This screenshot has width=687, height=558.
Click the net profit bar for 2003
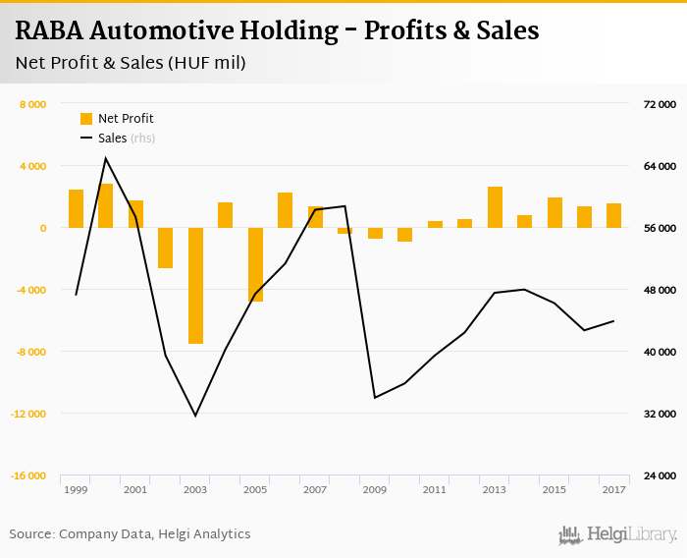click(x=195, y=285)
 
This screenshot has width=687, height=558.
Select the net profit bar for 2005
click(x=255, y=264)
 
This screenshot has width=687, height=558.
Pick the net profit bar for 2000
click(x=105, y=205)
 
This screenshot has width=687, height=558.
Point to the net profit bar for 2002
click(x=165, y=248)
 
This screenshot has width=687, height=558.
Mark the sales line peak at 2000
click(x=105, y=158)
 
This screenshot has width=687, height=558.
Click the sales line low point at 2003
click(x=195, y=416)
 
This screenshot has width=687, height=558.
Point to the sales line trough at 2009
click(x=375, y=397)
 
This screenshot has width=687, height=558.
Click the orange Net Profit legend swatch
click(x=86, y=119)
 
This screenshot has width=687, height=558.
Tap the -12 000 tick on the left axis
click(x=29, y=414)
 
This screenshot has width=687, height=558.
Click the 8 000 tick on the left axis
click(x=34, y=104)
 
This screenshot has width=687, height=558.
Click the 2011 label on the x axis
click(x=434, y=489)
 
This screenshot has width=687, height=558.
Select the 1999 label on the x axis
click(x=75, y=489)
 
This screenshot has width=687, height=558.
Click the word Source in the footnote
click(x=31, y=534)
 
